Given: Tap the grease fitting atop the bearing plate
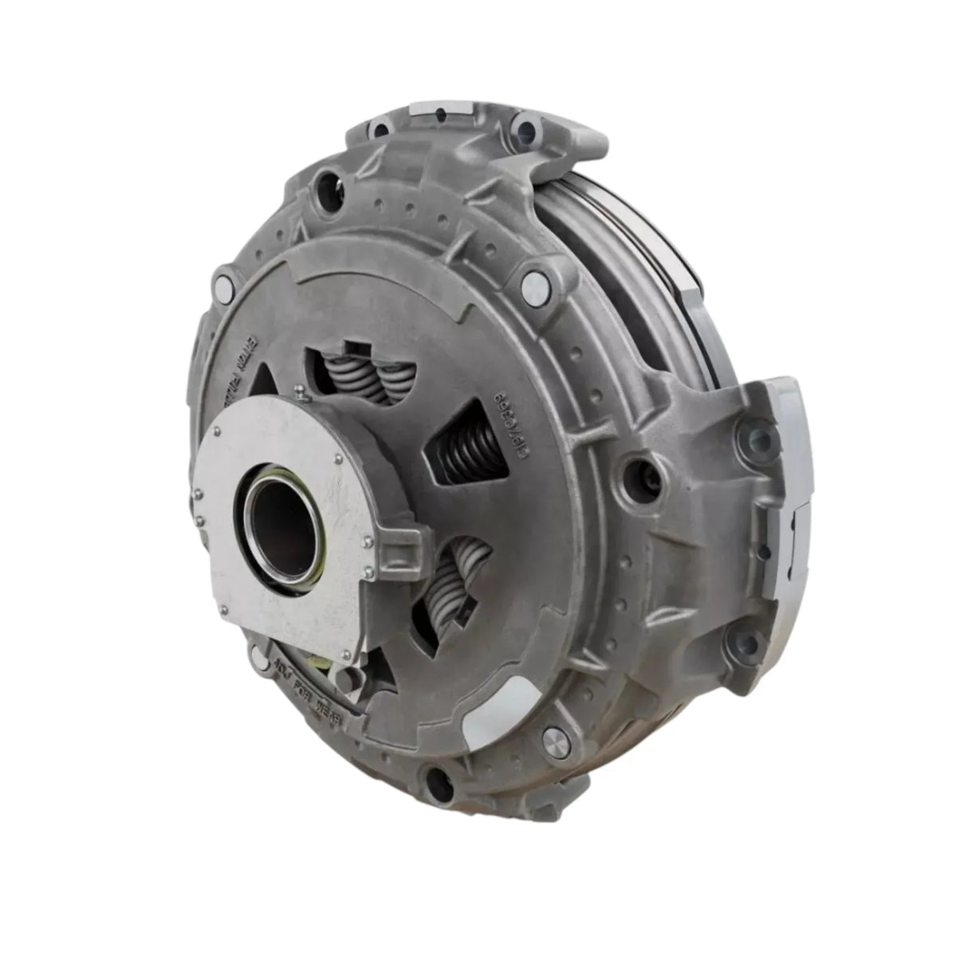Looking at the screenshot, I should click(x=299, y=390).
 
